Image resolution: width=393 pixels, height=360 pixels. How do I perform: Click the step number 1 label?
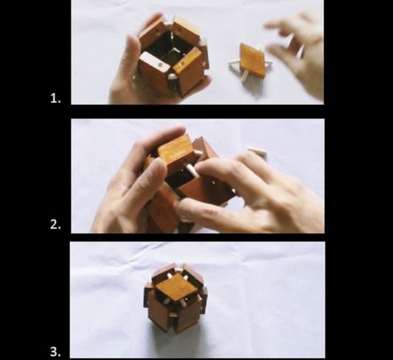pyautogui.click(x=56, y=98)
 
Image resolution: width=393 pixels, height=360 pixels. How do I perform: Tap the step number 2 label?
pyautogui.click(x=56, y=225)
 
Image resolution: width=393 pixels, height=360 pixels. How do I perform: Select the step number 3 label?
pyautogui.click(x=56, y=352)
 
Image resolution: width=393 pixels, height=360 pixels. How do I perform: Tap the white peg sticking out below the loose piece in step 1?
pyautogui.click(x=244, y=76)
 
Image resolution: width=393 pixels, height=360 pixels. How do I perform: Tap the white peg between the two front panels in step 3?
pyautogui.click(x=172, y=315)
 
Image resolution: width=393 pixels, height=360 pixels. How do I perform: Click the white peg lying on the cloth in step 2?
pyautogui.click(x=257, y=151)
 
